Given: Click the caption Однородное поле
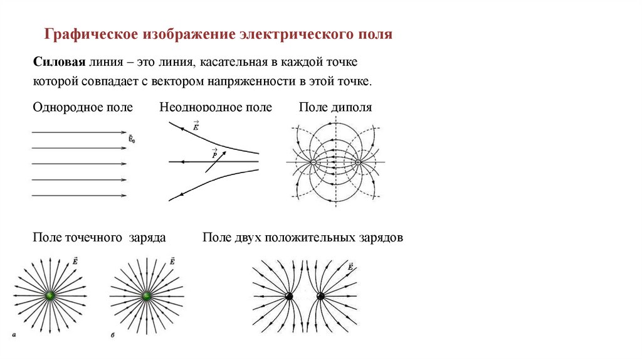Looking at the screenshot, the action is click(83, 107).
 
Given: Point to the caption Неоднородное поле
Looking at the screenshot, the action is click(216, 107).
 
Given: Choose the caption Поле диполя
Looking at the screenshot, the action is click(335, 107).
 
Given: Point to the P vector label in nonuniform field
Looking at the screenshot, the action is click(214, 154).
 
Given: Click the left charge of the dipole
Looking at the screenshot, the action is click(313, 162).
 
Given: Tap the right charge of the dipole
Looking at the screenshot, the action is click(358, 162).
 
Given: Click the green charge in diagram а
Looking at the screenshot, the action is click(50, 295).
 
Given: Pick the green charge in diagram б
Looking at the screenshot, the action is click(147, 295).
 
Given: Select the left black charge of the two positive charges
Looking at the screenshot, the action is click(289, 296).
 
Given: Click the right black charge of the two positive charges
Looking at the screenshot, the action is click(321, 296).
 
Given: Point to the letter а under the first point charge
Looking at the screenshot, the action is click(13, 336).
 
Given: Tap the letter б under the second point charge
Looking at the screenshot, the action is click(112, 336).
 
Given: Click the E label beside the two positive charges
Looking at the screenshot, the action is click(349, 267).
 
